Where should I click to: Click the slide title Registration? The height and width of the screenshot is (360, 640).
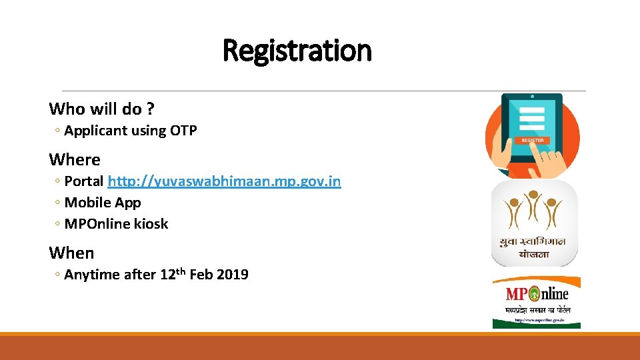tap(297, 51)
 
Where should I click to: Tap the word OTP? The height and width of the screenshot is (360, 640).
tap(183, 131)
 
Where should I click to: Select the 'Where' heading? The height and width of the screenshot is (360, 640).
tap(75, 160)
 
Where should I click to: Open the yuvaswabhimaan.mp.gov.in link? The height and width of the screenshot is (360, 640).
tap(224, 181)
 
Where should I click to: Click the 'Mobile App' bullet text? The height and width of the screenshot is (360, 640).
tap(103, 203)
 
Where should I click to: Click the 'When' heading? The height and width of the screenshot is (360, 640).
tap(71, 253)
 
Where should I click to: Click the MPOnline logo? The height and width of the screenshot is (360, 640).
tap(536, 302)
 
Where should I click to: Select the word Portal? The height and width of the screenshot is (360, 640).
tap(84, 181)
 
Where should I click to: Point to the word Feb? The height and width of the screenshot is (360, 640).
tap(201, 275)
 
